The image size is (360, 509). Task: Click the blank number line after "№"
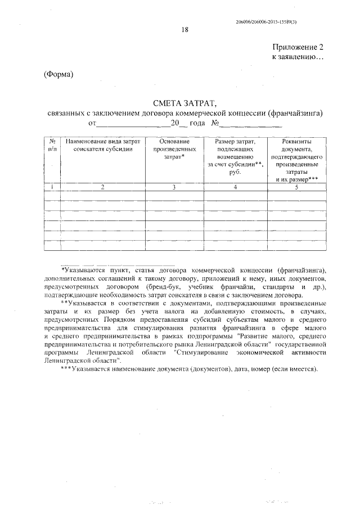250,123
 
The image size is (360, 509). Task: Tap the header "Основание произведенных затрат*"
174,148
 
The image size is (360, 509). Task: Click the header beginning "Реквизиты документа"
298,160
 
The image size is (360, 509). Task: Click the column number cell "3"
174,187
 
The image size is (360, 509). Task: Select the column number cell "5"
298,187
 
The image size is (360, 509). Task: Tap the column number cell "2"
102,187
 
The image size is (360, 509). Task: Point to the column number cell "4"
236,187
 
